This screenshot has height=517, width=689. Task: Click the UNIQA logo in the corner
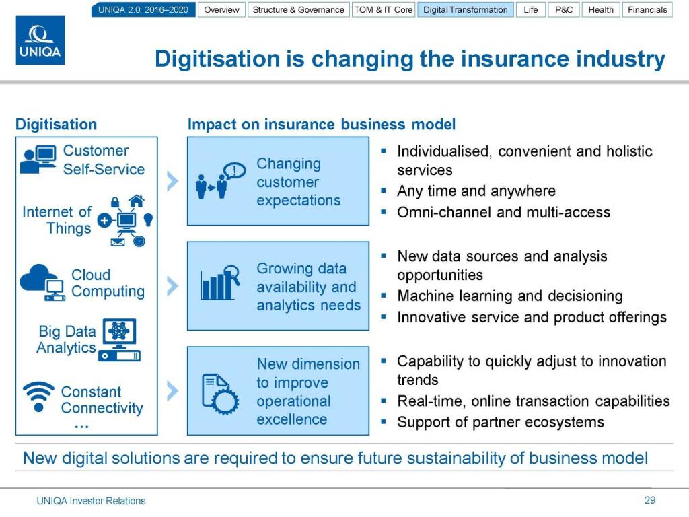40,40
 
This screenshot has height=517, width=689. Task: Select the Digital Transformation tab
466,9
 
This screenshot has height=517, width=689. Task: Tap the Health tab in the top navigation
601,9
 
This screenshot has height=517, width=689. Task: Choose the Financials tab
647,9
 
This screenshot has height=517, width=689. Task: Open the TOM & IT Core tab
384,9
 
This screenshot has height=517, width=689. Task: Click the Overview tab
221,9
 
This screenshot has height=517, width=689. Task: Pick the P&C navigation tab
564,9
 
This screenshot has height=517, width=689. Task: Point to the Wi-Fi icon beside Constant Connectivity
38,397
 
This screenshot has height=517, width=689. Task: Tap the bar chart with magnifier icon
220,283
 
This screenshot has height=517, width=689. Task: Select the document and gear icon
220,394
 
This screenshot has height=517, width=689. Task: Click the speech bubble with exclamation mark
235,170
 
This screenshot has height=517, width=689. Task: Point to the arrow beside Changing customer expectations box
173,181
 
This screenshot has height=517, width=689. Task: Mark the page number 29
650,500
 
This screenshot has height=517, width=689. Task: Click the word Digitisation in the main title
217,59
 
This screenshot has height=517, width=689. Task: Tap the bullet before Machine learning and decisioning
384,296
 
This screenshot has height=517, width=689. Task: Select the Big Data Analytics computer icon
120,340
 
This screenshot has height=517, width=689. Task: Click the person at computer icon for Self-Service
38,160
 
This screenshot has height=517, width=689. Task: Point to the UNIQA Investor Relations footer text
91,501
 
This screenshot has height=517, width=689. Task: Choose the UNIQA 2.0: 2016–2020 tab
143,9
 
